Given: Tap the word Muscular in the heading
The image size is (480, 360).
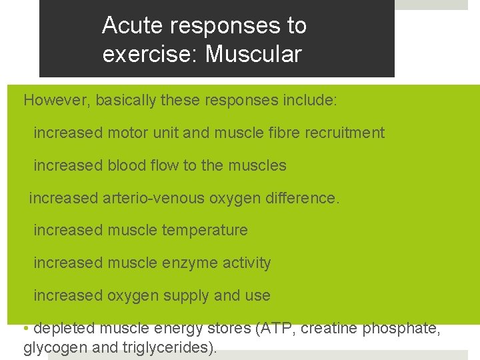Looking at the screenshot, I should [x=253, y=54].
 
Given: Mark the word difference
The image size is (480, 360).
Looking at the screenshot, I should [x=303, y=198].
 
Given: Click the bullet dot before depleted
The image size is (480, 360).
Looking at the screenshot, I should [x=25, y=329].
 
